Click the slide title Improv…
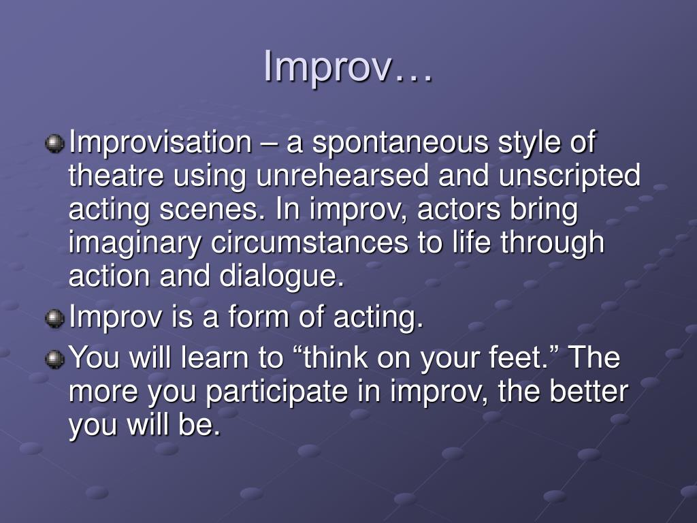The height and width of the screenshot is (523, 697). pos(348,66)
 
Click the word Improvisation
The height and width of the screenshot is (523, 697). pos(161,143)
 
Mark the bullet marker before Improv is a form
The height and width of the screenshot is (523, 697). pos(55,319)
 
